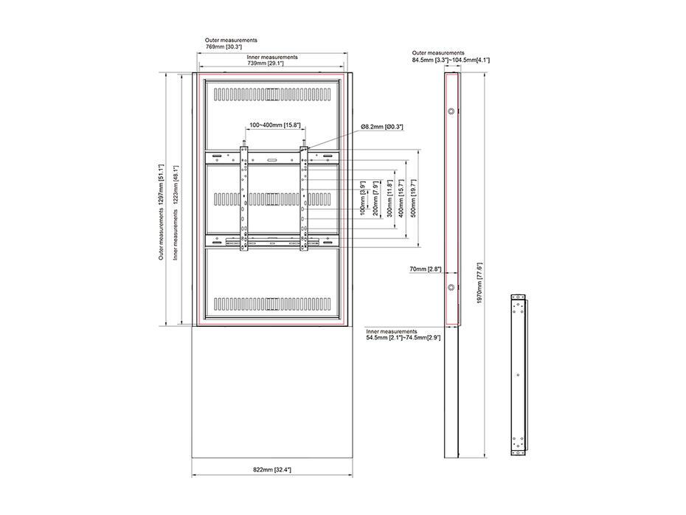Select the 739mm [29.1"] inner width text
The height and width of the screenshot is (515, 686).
pos(267,64)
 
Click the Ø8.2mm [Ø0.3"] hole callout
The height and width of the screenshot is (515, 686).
pos(382,127)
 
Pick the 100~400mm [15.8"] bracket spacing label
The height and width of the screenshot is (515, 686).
pos(273,125)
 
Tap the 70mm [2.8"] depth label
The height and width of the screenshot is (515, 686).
pos(426,270)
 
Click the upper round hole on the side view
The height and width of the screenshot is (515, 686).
pos(450,112)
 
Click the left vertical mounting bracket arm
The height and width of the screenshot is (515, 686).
pos(243,199)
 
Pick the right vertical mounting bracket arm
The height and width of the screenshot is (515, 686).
pos(302,199)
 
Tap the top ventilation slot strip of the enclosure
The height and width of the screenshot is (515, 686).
pos(271,94)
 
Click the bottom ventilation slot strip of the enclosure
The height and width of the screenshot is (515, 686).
pos(271,303)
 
